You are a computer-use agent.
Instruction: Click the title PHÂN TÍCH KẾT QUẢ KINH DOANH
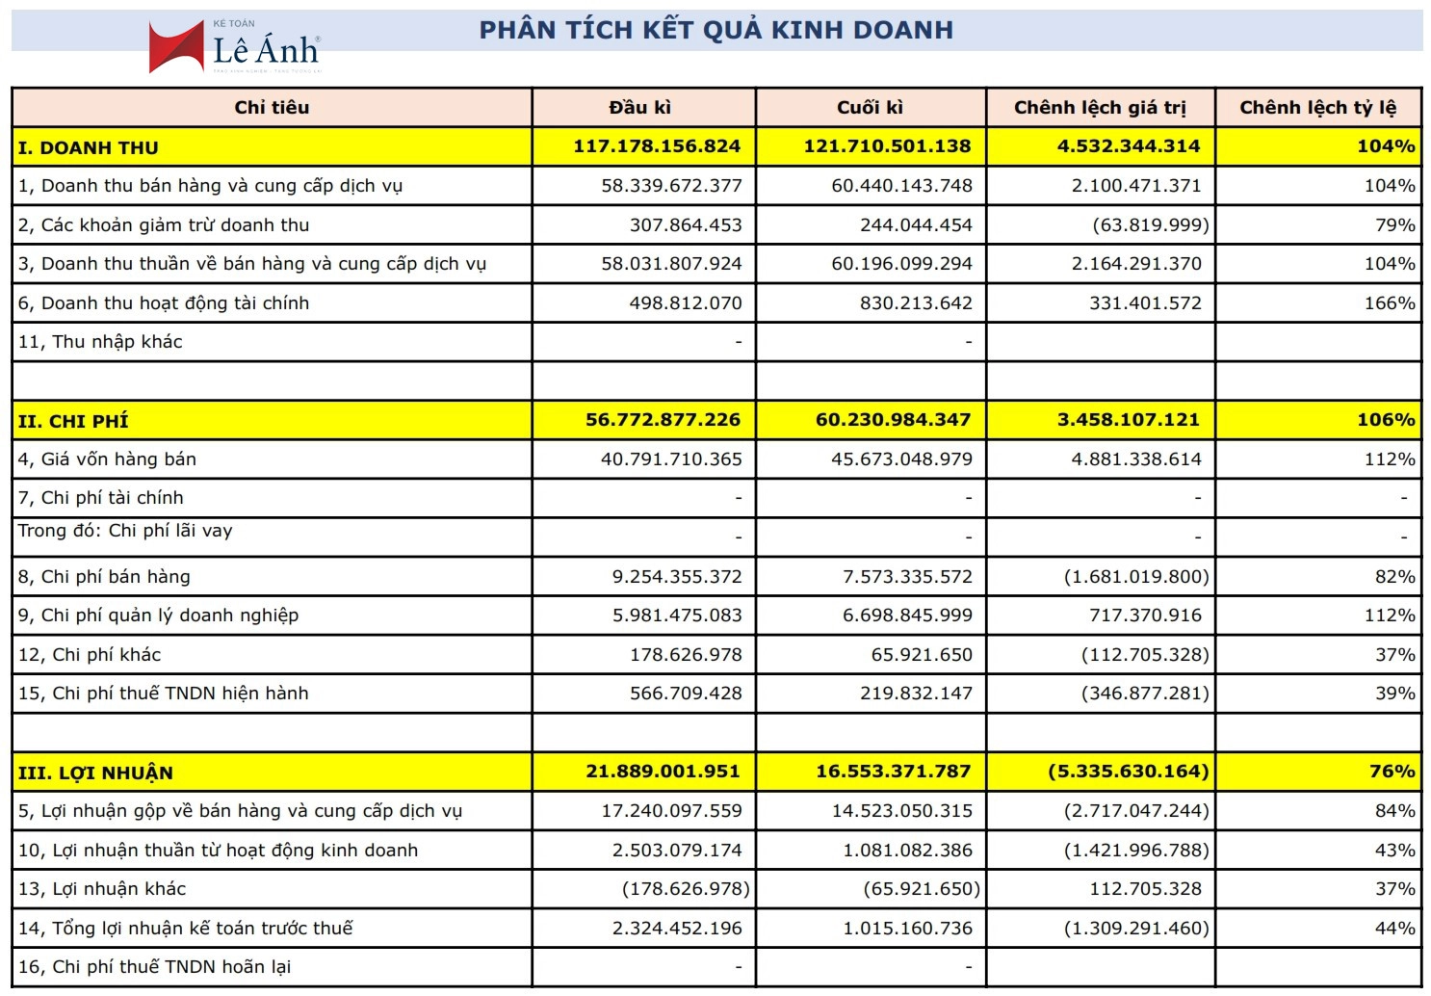(716, 30)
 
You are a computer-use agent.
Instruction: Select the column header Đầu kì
(640, 108)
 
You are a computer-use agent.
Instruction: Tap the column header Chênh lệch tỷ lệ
(1317, 108)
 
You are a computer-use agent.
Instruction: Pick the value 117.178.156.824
(657, 146)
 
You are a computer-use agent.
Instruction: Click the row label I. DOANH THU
(89, 147)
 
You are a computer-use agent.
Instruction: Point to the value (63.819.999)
(1151, 225)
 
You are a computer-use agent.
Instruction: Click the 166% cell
(1390, 303)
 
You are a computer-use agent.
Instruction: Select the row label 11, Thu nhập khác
(100, 342)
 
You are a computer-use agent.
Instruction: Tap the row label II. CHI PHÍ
(73, 421)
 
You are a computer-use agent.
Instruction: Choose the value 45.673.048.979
(901, 459)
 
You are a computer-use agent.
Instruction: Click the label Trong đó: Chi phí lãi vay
(125, 531)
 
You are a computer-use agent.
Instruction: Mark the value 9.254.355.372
(677, 577)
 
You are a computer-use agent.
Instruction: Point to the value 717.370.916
(1145, 616)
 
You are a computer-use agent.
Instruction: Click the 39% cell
(1395, 694)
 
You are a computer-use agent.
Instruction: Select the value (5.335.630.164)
(1128, 772)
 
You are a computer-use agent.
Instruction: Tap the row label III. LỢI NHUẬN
(95, 773)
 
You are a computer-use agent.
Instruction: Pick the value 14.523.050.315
(902, 811)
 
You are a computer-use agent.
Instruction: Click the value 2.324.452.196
(677, 929)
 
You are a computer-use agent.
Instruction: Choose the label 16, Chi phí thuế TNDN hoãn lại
(154, 967)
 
